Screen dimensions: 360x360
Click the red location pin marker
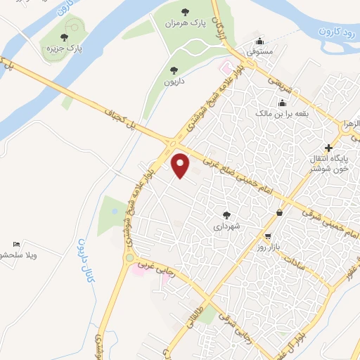[181, 165]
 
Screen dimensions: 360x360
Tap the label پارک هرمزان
[185, 23]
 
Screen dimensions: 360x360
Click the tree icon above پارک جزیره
[65, 37]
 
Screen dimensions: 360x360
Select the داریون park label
[174, 81]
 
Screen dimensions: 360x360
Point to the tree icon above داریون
[174, 70]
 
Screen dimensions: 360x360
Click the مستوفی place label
[260, 51]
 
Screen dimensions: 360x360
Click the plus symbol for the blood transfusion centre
[328, 146]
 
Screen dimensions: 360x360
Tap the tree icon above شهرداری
[226, 215]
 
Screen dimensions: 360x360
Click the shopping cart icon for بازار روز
[267, 237]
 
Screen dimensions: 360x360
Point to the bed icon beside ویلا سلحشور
[17, 243]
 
